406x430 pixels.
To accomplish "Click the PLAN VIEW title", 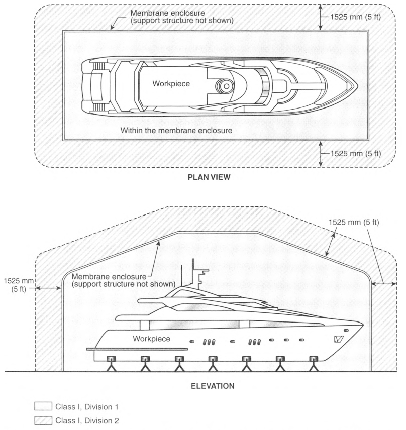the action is pos(209,177).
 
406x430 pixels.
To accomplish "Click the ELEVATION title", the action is pos(213,386).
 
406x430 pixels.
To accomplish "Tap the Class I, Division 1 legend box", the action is pos(43,406).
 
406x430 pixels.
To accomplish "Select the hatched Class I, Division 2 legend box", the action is pos(43,420).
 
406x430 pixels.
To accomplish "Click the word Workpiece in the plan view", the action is pos(171,84).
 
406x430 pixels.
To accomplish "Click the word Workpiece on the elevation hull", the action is pos(151,339).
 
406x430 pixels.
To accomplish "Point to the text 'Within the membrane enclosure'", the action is pos(176,130).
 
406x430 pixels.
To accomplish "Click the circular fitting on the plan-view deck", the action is pos(226,86).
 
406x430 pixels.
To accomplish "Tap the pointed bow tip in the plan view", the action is pos(357,86).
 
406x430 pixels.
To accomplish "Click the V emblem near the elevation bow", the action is pos(339,339).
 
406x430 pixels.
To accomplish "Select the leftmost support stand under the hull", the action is pos(112,364).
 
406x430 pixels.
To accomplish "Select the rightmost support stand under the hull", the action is pos(314,364).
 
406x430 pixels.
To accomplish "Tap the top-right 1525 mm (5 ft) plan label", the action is pos(356,17).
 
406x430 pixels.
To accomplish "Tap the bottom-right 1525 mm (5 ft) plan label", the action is pos(356,153).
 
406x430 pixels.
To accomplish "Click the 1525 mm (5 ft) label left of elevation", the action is pos(19,285).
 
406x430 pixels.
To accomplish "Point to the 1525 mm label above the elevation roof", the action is pos(354,222).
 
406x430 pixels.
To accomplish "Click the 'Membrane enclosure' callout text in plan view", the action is pos(181,17).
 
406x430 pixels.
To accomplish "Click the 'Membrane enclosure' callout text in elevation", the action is pos(124,280).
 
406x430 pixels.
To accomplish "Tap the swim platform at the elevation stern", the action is pos(137,349).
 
